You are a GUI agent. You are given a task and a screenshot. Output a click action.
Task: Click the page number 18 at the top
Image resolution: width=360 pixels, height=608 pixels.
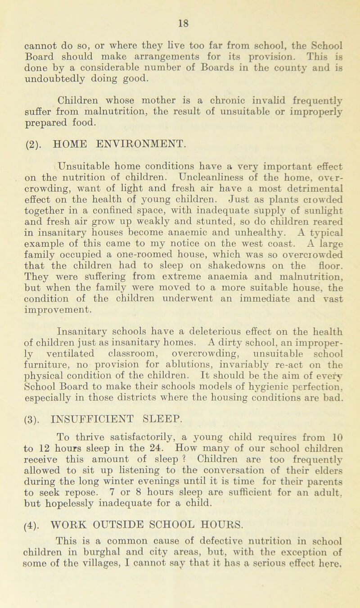[x=180, y=7]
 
